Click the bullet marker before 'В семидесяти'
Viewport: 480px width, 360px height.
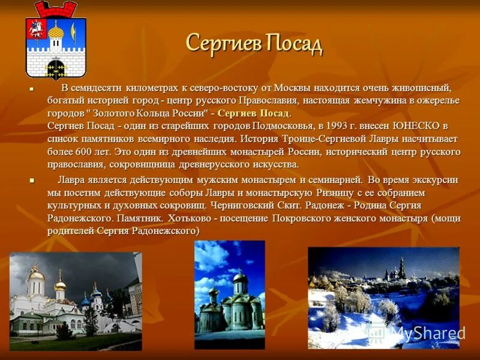point(32,88)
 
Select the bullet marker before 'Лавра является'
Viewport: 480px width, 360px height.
point(32,180)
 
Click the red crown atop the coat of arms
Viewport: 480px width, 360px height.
point(55,9)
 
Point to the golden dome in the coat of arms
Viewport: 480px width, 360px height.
point(56,31)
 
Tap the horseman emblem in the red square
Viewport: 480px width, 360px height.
point(37,28)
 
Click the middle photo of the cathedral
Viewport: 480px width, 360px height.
point(229,294)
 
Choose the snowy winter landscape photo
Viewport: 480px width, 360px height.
point(383,298)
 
